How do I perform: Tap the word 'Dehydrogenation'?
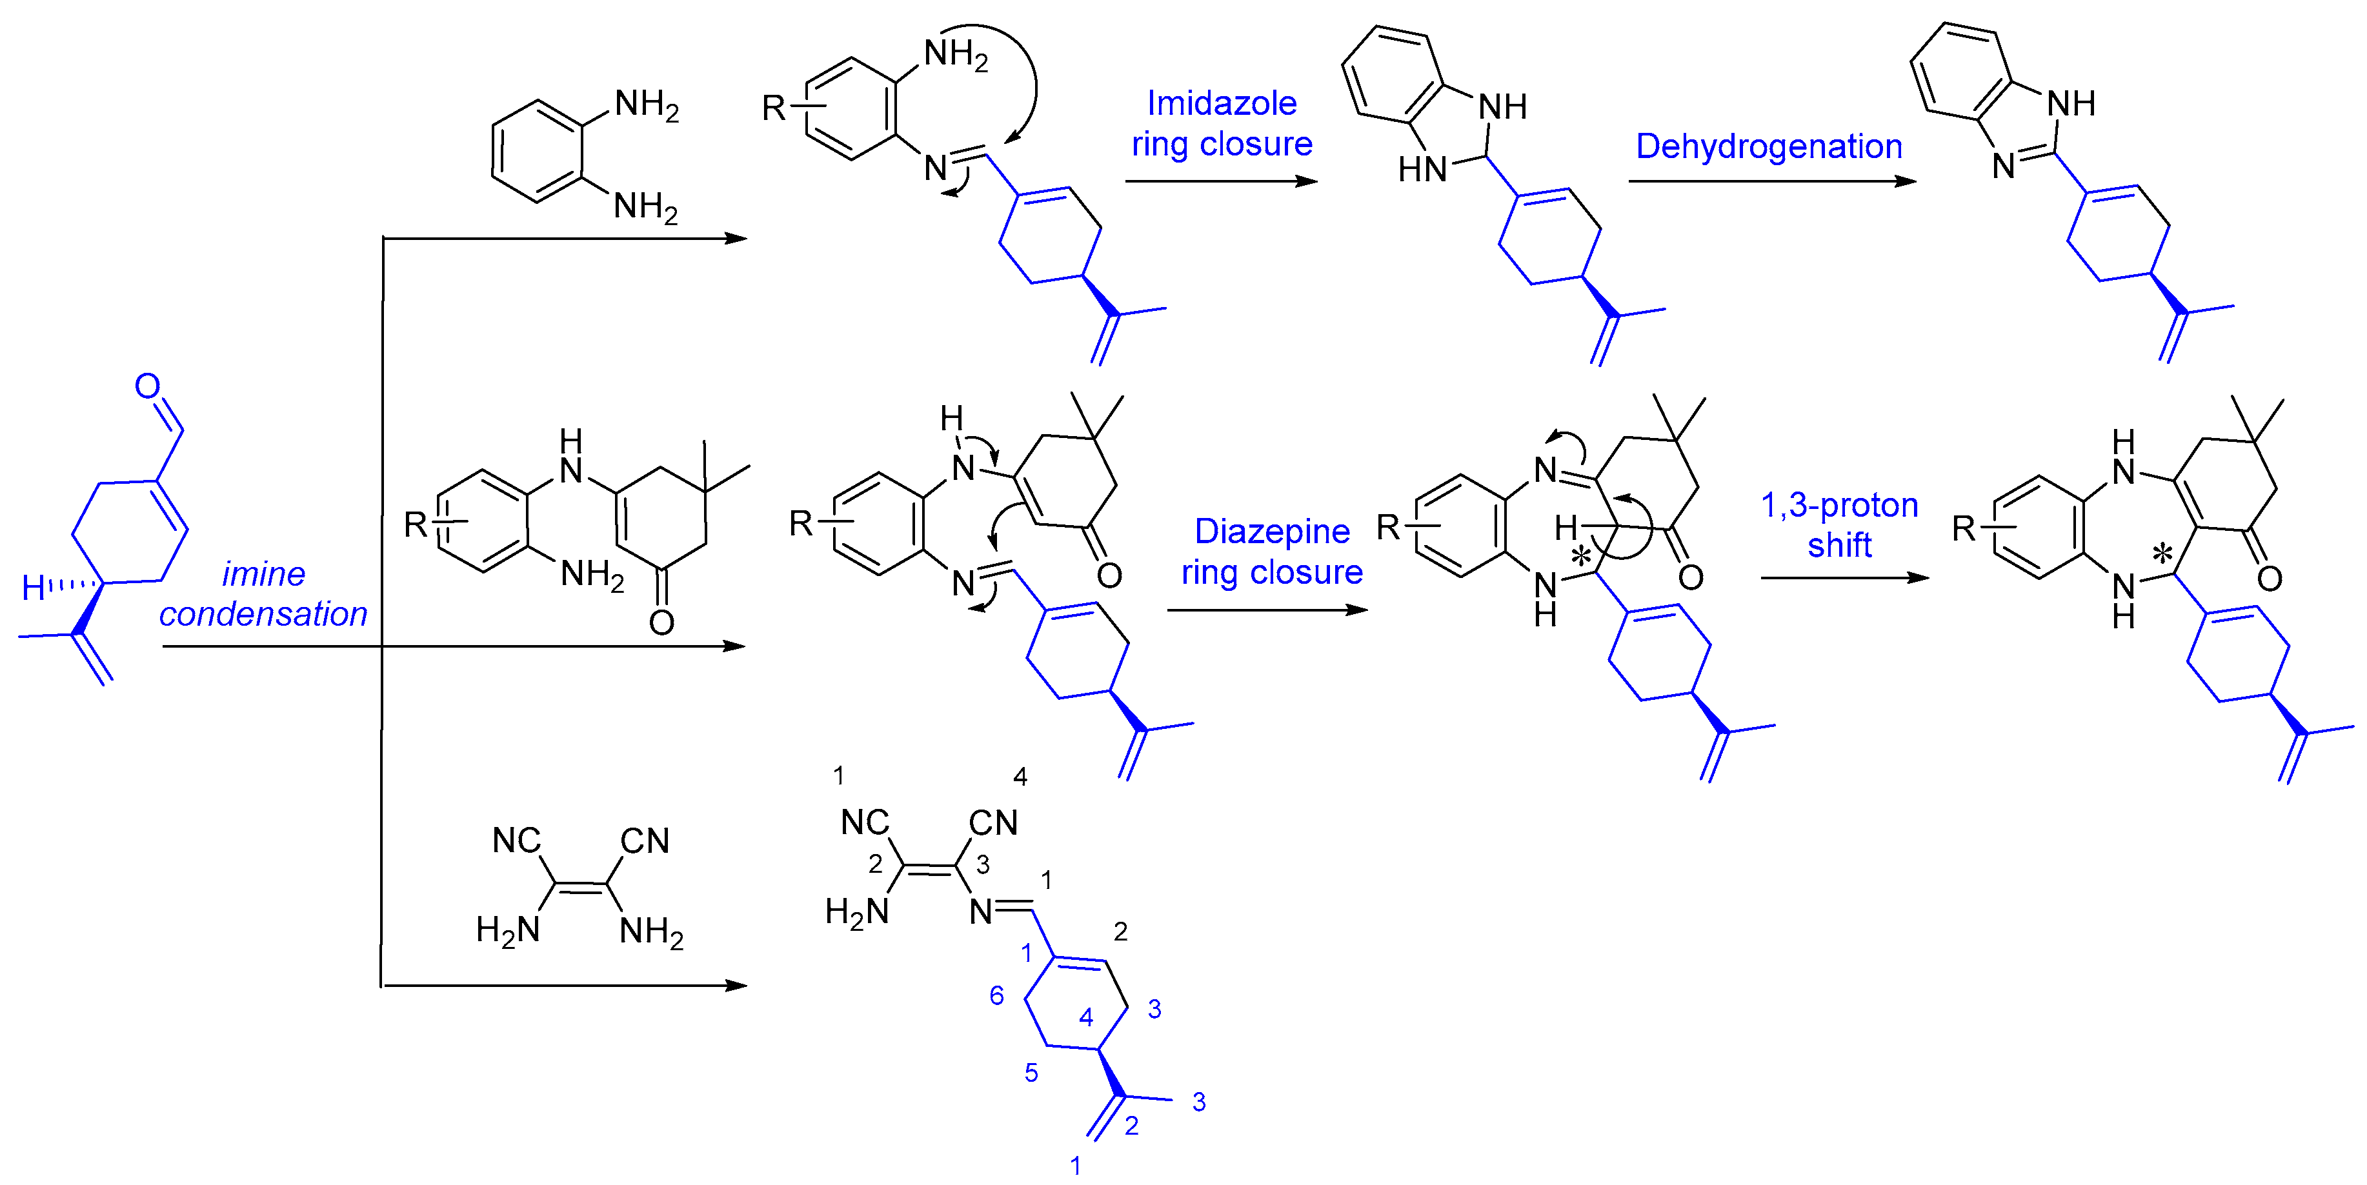pos(1769,146)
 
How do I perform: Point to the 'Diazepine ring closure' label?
pos(1272,551)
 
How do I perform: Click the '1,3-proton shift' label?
pos(1840,524)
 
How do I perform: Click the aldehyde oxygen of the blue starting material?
pos(148,386)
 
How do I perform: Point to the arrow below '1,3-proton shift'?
pos(1844,578)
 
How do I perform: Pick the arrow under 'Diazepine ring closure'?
pos(1267,610)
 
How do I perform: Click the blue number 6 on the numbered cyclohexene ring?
pos(997,995)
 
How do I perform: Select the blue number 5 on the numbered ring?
pos(1031,1072)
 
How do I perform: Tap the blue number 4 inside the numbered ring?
pos(1086,1017)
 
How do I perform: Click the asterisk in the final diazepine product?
pos(2163,555)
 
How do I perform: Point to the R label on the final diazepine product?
pos(1964,528)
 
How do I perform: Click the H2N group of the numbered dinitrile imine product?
pos(856,912)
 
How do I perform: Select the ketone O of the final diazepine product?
pos(2269,578)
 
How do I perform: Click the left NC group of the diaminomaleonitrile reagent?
pos(516,840)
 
